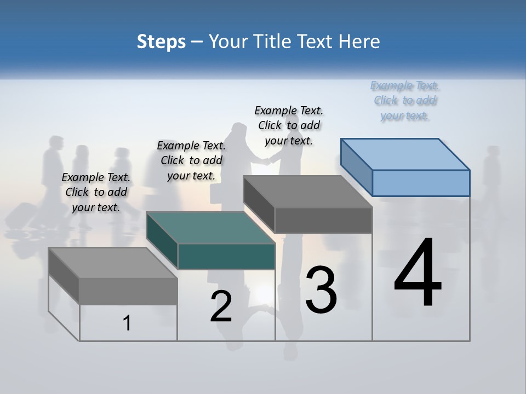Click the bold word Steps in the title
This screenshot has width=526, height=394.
pos(161,42)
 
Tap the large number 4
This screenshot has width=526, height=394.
pos(418,274)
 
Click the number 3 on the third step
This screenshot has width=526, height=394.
pos(321,289)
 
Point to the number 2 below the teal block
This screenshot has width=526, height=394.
pos(221,306)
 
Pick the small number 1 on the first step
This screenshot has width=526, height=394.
pos(127,323)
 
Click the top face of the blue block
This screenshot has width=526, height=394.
pos(405,154)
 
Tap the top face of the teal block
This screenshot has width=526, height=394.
pos(210,228)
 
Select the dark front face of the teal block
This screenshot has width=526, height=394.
pos(226,256)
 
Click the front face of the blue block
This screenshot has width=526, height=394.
pos(421,183)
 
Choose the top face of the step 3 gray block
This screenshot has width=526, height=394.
pos(307,192)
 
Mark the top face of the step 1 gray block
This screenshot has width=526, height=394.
pos(113,263)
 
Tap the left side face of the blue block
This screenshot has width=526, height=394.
pos(357,167)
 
